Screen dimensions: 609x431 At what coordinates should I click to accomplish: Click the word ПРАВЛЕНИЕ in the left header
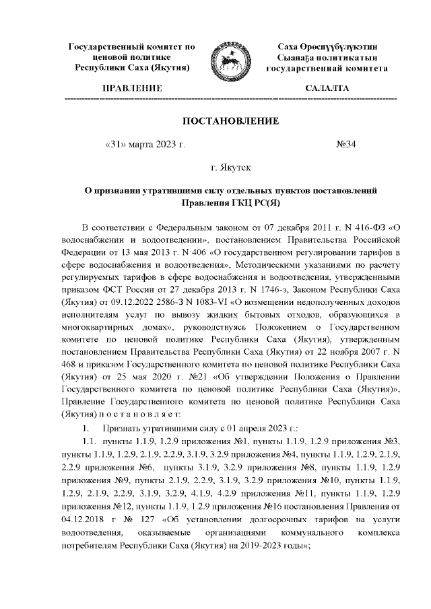(131, 88)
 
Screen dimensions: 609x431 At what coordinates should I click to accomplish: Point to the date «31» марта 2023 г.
(145, 144)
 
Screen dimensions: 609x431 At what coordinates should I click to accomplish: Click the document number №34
(345, 144)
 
